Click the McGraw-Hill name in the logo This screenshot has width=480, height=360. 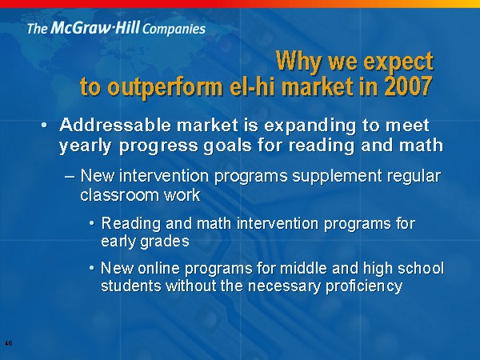(x=95, y=27)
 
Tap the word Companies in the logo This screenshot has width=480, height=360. (x=174, y=30)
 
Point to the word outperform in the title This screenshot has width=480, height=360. (x=166, y=87)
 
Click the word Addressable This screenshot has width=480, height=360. (x=114, y=126)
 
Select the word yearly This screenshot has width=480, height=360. (x=85, y=146)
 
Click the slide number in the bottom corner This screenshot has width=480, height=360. (x=9, y=343)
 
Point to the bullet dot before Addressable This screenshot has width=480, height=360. (x=44, y=126)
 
